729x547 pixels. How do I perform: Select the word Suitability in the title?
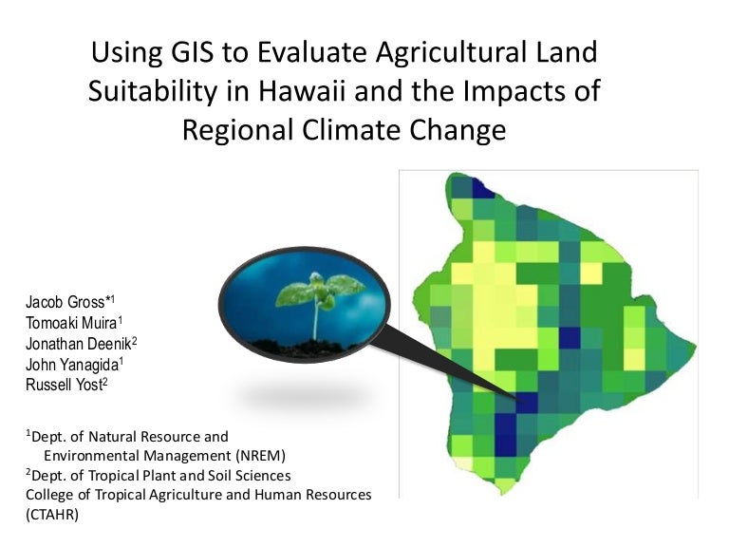pyautogui.click(x=152, y=91)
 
